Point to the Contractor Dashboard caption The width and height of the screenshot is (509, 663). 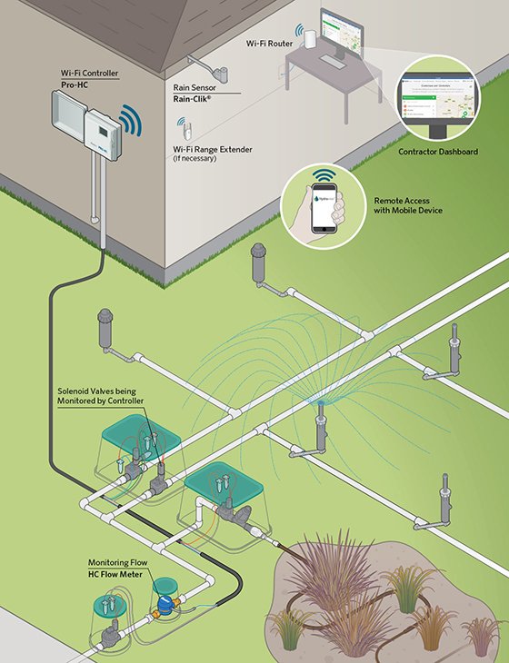click(438, 152)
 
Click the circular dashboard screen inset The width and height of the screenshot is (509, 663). click(438, 100)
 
